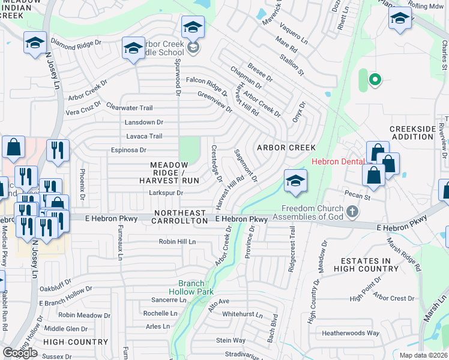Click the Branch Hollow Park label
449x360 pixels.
196,287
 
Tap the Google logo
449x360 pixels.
20,353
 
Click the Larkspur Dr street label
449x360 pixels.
166,193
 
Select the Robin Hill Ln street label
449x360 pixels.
177,242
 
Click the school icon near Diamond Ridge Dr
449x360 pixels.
35,43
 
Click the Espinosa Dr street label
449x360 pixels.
127,150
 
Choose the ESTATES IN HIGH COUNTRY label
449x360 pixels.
370,265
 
